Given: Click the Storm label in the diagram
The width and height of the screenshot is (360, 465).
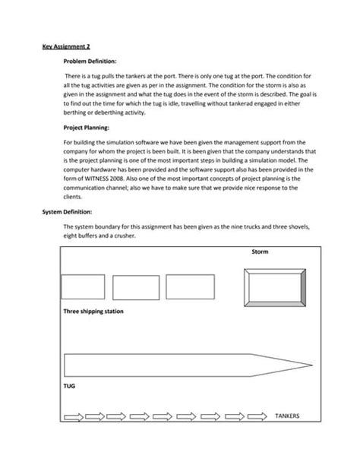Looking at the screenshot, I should (260, 251).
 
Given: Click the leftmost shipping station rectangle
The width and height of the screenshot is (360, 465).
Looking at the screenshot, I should (83, 286).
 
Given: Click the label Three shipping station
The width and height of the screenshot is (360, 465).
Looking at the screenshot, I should (93, 312).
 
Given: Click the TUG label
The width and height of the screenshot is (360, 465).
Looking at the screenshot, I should (68, 386).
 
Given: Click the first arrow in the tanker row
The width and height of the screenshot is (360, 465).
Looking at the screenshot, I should (74, 416).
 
